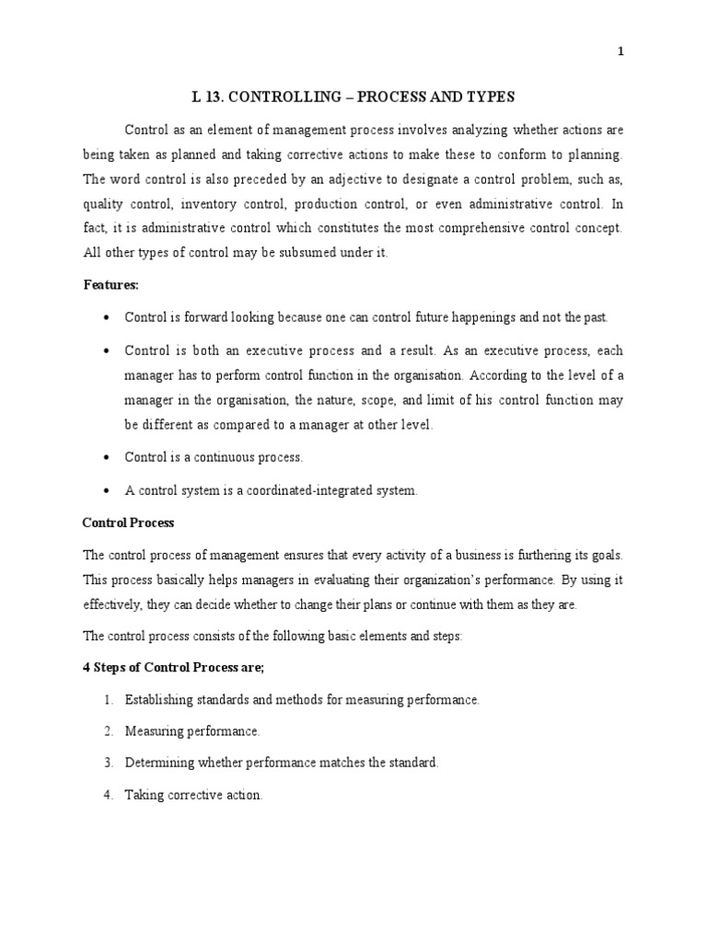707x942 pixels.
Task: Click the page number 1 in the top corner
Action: click(620, 52)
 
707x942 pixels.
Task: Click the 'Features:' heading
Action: click(111, 285)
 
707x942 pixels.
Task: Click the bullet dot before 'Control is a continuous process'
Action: click(107, 457)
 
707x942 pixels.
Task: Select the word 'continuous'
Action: click(226, 457)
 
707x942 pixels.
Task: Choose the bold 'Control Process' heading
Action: click(128, 523)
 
